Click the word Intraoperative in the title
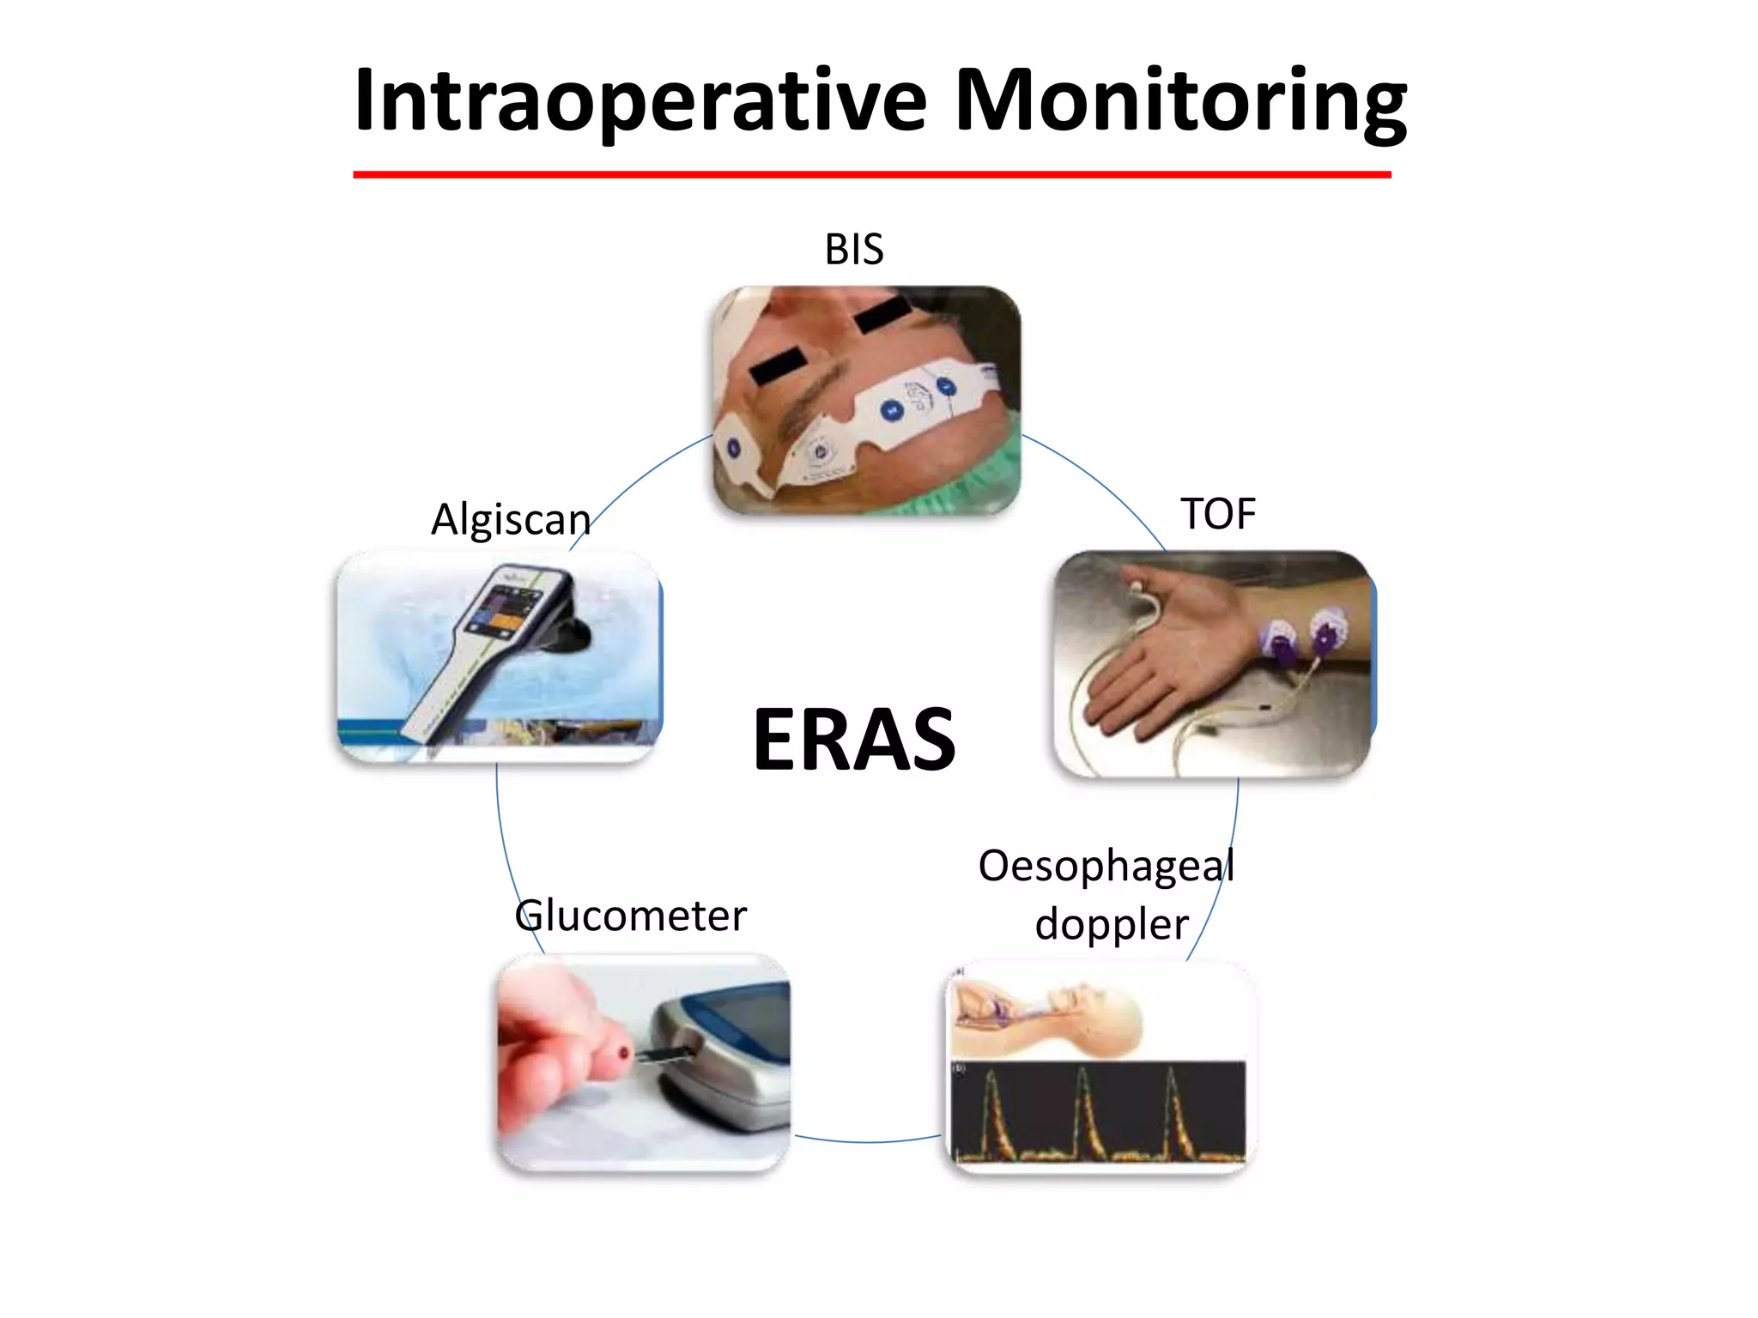coord(640,101)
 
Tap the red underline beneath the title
coord(871,174)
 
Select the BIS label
coord(853,250)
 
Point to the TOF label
coord(1217,514)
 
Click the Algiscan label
coord(511,520)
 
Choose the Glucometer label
coord(631,916)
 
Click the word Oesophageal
coord(1106,866)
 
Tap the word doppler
coord(1112,925)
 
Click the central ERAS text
coord(854,740)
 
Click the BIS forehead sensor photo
coord(867,401)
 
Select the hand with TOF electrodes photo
coord(1213,664)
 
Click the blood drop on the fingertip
coord(624,1055)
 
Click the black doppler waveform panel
coord(1099,1111)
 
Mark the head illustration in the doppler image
coord(1094,1013)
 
